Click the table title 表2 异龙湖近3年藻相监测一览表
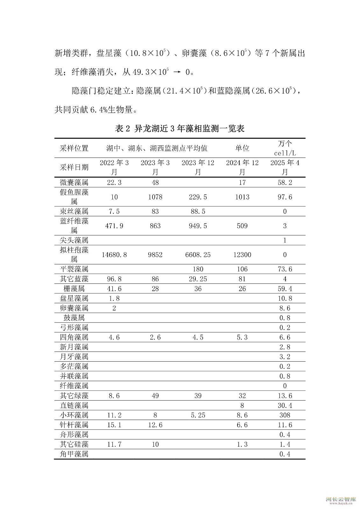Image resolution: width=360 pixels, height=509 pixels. pos(180,129)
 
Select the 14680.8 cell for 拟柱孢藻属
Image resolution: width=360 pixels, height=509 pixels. pos(114,255)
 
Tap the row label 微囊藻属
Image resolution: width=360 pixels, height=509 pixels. pos(74,183)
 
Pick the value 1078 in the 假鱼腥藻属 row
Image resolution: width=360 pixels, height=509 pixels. pos(155,197)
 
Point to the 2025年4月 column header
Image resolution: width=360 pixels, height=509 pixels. pos(285,167)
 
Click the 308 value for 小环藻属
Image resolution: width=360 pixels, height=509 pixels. pos(285,415)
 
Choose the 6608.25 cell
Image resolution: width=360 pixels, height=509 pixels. pos(198,255)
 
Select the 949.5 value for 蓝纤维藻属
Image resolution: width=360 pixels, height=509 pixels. pos(198,226)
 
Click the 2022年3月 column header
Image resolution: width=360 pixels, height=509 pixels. pos(114,167)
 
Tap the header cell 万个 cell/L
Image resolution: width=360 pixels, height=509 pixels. pos(285,148)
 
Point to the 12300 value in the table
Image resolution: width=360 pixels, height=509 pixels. pos(242,255)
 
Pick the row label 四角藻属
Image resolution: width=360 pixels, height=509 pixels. pos(74,337)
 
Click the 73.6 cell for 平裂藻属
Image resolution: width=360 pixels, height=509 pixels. pos(285,269)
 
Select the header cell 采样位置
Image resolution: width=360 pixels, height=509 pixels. pos(74,148)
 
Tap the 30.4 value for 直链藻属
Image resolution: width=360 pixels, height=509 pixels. pos(285,405)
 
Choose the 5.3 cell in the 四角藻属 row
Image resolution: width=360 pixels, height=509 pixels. pos(242,337)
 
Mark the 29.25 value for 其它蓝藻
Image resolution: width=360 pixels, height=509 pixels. pos(198,279)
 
